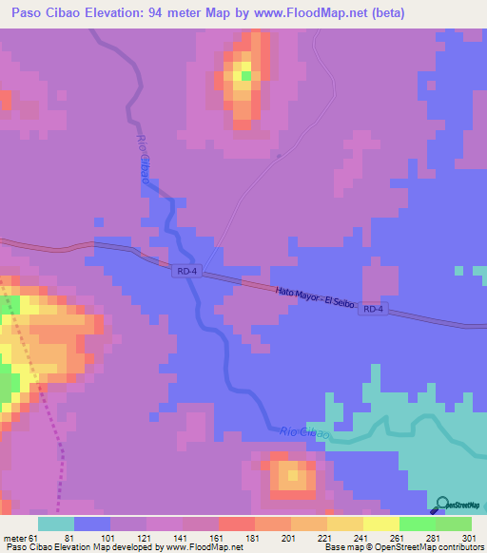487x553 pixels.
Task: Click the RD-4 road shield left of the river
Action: tap(185, 272)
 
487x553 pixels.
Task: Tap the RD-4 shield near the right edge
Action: tap(374, 310)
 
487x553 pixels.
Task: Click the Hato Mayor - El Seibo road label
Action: tap(314, 297)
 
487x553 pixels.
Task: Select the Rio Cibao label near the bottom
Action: tap(304, 432)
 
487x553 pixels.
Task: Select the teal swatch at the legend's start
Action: tap(56, 523)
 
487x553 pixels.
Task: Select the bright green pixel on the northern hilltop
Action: tap(245, 75)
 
